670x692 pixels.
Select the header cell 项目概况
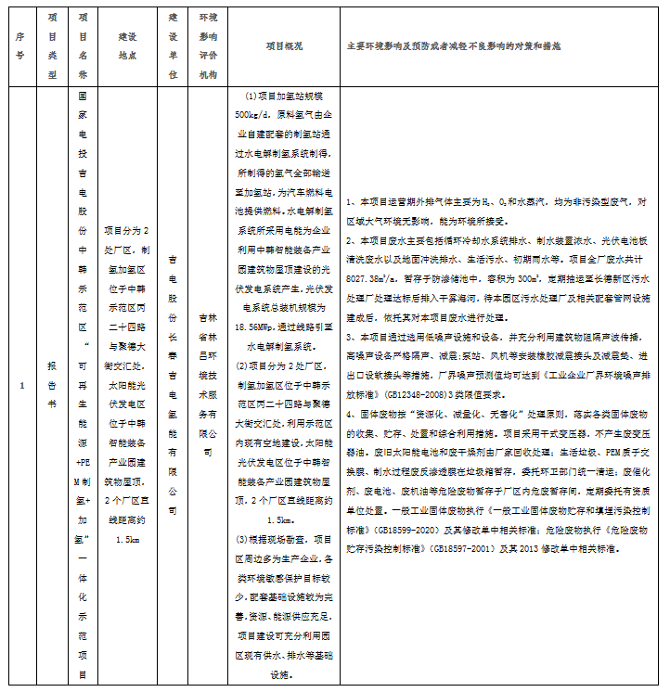coord(283,45)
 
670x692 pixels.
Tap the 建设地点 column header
coord(128,44)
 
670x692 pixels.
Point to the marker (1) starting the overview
coord(255,97)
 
